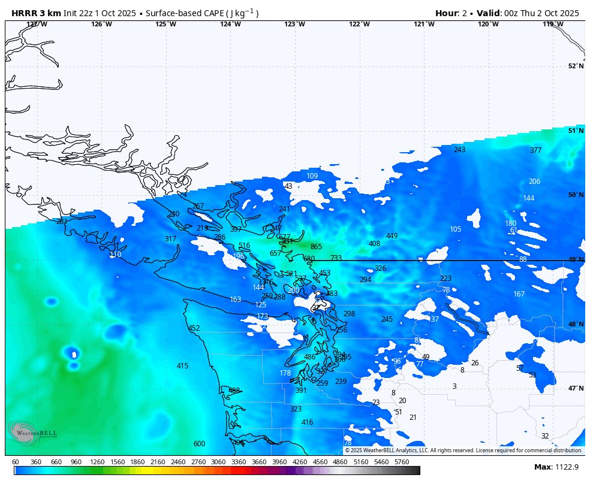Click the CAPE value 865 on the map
pyautogui.click(x=316, y=247)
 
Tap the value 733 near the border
pyautogui.click(x=336, y=258)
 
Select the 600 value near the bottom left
pyautogui.click(x=199, y=444)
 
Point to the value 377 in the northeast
pyautogui.click(x=535, y=150)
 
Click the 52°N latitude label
pyautogui.click(x=576, y=66)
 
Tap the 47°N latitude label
pyautogui.click(x=576, y=388)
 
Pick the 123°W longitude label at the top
pyautogui.click(x=294, y=24)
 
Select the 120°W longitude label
pyautogui.click(x=488, y=24)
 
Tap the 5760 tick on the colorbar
pyautogui.click(x=402, y=462)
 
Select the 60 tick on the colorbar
pyautogui.click(x=15, y=462)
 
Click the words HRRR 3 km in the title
pyautogui.click(x=36, y=13)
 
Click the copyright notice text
pyautogui.click(x=463, y=450)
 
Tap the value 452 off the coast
pyautogui.click(x=194, y=328)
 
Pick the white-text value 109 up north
pyautogui.click(x=312, y=176)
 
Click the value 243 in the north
pyautogui.click(x=459, y=150)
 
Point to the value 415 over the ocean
pyautogui.click(x=182, y=366)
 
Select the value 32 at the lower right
pyautogui.click(x=544, y=436)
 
